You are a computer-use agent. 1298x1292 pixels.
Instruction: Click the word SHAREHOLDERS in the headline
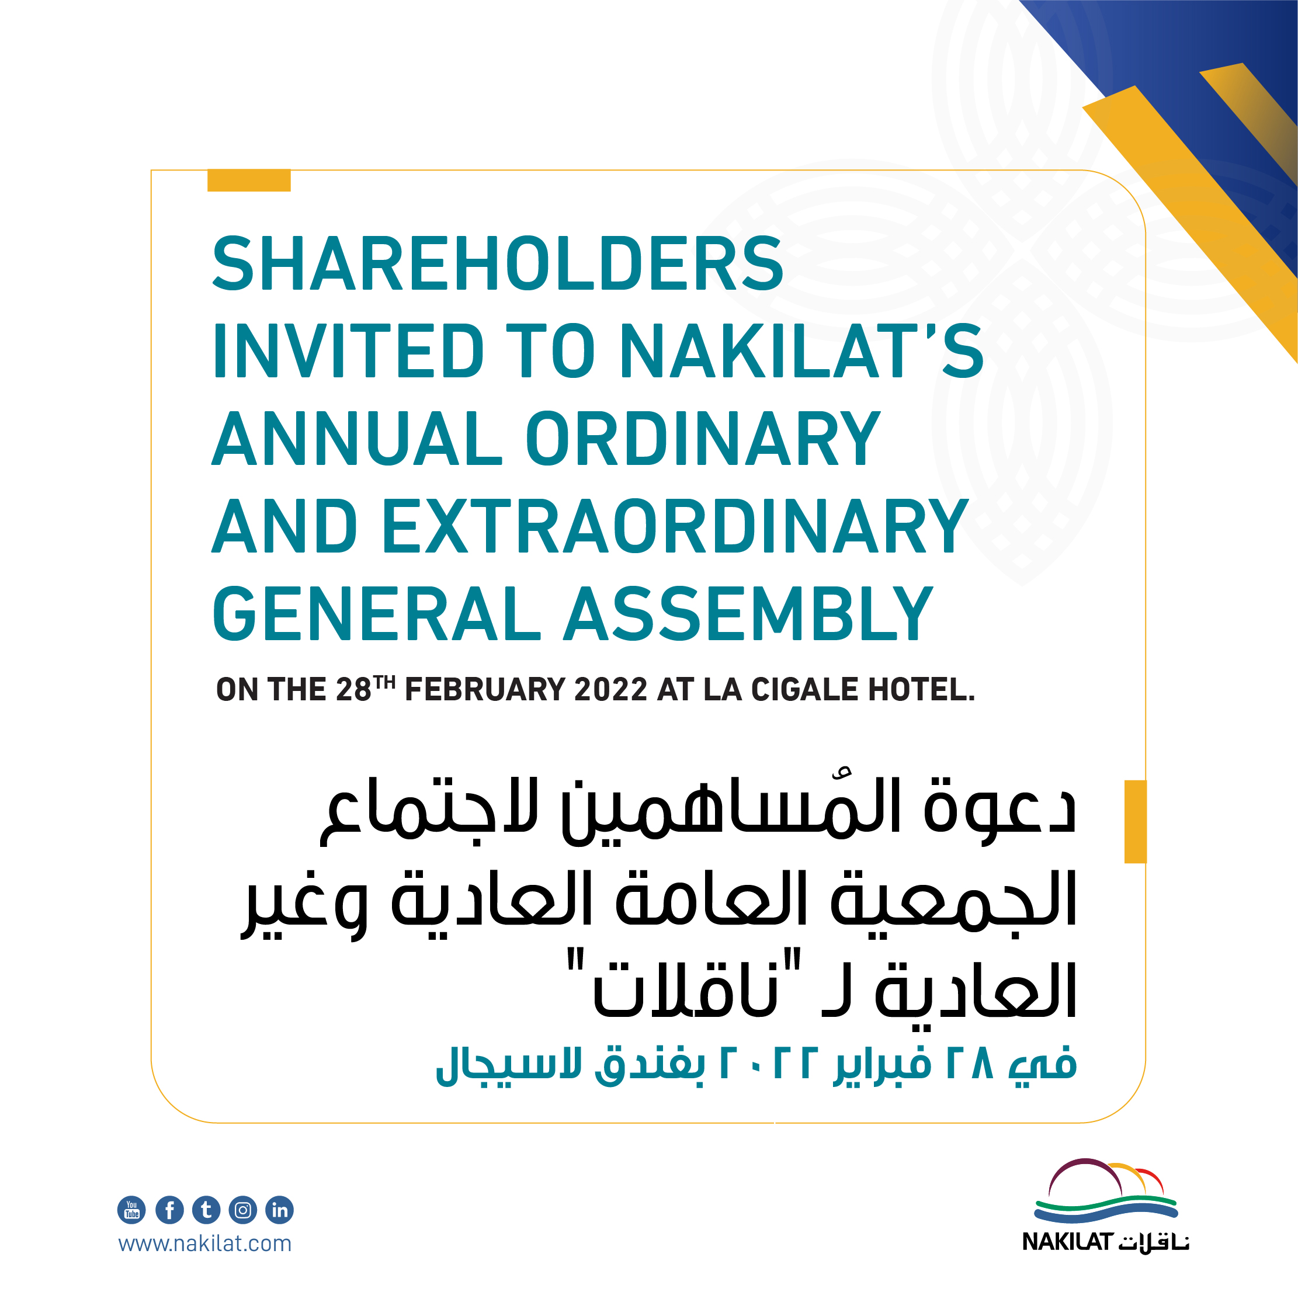coord(498,263)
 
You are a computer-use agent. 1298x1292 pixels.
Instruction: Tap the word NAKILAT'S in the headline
coord(801,350)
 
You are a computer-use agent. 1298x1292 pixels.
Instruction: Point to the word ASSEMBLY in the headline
coord(748,613)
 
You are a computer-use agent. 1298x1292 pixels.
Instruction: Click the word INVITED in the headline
coord(348,350)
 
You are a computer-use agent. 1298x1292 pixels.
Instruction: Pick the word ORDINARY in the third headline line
coord(703,438)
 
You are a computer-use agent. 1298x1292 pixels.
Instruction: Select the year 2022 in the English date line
coord(610,690)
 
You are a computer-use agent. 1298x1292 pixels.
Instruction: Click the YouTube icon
coord(131,1210)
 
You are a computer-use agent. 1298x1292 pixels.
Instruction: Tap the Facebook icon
coord(169,1210)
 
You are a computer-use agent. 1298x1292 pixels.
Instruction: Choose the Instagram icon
coord(242,1210)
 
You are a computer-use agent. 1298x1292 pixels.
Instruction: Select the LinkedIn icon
coord(279,1210)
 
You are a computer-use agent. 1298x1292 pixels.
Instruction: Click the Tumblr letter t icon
coord(206,1210)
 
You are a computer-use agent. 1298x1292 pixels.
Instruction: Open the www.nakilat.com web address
coord(205,1244)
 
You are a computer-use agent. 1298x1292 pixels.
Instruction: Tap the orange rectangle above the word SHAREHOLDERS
coord(249,180)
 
